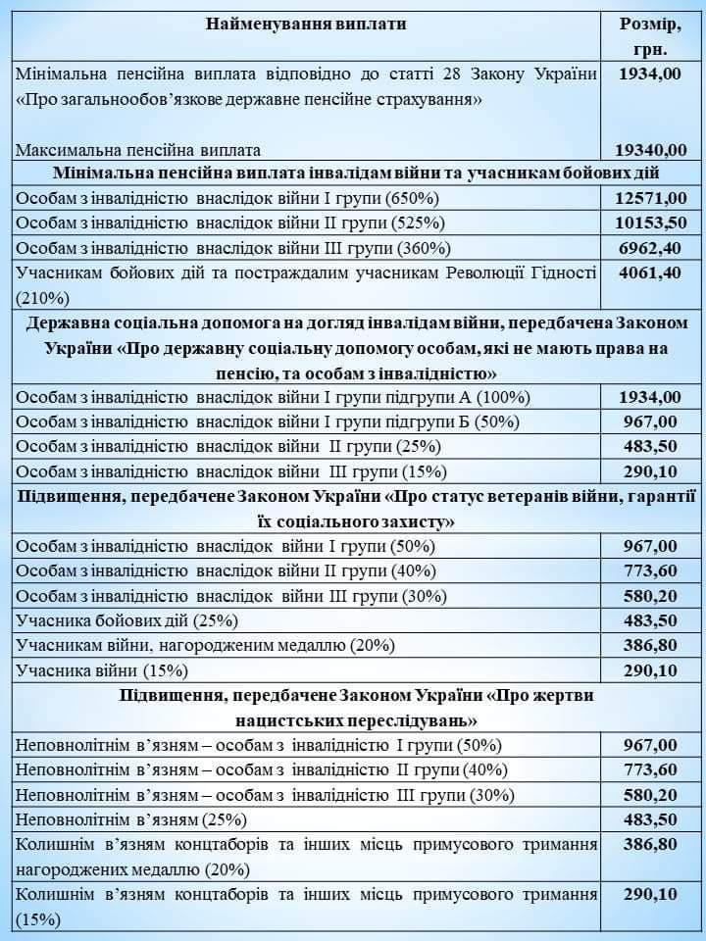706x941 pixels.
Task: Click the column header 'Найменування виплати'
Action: (x=306, y=24)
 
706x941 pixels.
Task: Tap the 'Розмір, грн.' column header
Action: (x=650, y=36)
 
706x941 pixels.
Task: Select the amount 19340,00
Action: (x=650, y=150)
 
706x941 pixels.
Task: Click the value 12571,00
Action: (x=650, y=198)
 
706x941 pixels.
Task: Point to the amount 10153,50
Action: (x=650, y=223)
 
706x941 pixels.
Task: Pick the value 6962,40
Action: (x=650, y=248)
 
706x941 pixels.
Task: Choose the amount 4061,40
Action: (x=650, y=272)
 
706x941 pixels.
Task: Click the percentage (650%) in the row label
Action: (x=417, y=199)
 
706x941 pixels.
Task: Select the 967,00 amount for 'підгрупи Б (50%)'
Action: (x=650, y=422)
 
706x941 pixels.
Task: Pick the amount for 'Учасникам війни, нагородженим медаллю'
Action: (x=650, y=645)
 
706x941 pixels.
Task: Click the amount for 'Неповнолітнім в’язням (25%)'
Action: (x=650, y=818)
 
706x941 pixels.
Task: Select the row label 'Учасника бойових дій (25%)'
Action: (x=126, y=620)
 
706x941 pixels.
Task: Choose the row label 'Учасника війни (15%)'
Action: (x=102, y=670)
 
